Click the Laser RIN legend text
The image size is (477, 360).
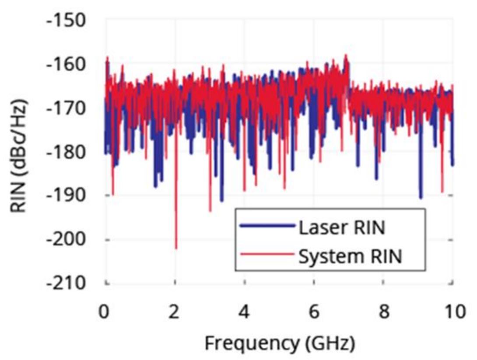(341, 227)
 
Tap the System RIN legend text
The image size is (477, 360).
(350, 256)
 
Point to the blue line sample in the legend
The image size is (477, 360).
(267, 226)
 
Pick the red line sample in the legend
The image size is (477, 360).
(267, 255)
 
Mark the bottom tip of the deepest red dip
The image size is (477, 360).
(176, 248)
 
